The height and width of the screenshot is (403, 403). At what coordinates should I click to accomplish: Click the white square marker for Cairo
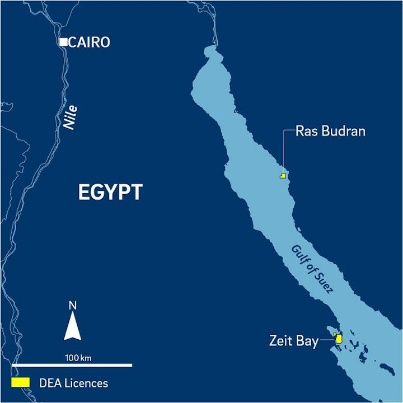coord(64,42)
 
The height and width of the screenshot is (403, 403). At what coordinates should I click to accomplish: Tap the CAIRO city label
coord(90,43)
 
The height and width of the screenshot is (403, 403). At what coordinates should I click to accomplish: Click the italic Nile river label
coord(70,118)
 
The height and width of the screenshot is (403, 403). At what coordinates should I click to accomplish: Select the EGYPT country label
coord(110,193)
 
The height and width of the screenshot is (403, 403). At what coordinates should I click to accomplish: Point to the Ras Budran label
coord(330,132)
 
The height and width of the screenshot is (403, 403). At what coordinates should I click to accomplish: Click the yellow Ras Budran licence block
coord(283,176)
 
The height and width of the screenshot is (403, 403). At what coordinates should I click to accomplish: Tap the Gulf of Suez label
coord(312,269)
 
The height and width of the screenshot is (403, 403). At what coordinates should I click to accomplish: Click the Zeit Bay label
coord(293,341)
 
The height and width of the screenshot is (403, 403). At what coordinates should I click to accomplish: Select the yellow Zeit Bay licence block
coord(339,339)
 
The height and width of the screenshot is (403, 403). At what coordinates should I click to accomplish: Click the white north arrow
coord(72,326)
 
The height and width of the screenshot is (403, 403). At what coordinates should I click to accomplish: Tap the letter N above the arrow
coord(72,306)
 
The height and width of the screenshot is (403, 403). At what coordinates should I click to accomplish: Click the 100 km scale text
coord(78,357)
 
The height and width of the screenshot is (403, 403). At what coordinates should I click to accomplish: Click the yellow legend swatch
coord(21,382)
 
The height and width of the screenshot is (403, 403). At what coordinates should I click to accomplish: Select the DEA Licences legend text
coord(73,383)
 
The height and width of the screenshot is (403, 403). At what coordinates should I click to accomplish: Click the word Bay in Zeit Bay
coord(307,341)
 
